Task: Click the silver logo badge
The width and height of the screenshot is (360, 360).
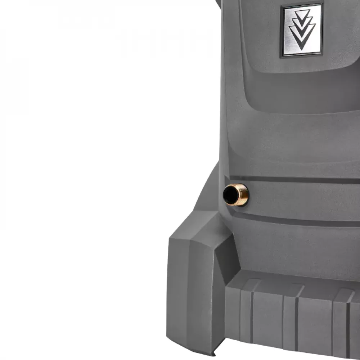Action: (x=301, y=30)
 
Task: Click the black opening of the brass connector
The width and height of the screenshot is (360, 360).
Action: (x=231, y=195)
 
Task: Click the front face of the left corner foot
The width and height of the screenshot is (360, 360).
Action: (x=189, y=292)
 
